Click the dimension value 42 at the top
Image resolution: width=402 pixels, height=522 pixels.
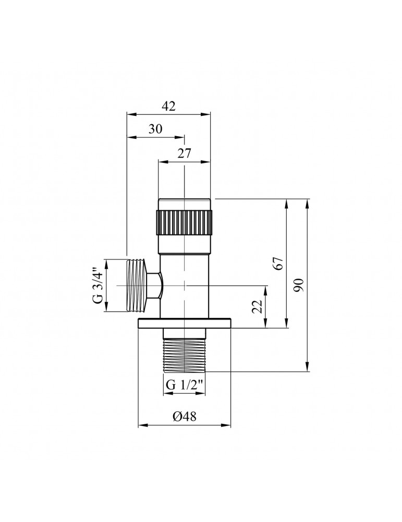point(168,106)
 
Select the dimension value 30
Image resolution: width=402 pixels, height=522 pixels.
point(155,129)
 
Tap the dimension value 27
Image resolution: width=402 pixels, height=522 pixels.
point(185,153)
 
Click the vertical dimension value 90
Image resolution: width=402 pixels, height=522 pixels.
point(299,285)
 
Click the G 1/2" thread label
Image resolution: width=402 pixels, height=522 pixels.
point(185,386)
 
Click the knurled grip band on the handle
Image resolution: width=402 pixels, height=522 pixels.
point(184,222)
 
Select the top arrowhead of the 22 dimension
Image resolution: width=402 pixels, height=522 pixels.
point(266,289)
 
